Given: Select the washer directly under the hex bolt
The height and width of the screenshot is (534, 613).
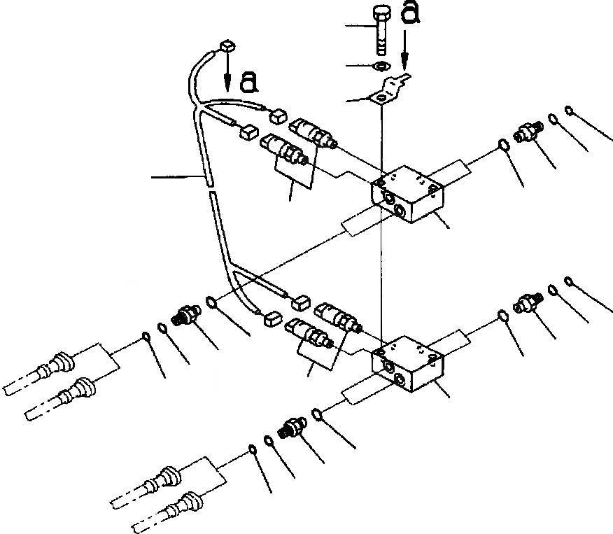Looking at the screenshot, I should pos(382,66).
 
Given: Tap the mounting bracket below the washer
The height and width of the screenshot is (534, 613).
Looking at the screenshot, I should pos(388,90).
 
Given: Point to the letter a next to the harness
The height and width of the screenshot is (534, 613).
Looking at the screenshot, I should pos(248,83).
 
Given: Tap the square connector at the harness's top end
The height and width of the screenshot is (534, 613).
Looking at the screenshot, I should pos(225,48).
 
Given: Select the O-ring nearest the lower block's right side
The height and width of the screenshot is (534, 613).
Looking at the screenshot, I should pos(502,315).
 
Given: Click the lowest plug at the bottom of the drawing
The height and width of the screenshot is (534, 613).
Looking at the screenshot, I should pos(185,501).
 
